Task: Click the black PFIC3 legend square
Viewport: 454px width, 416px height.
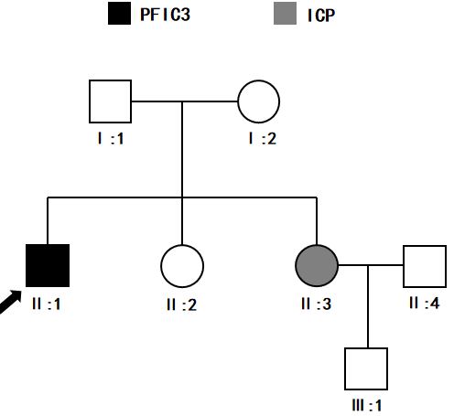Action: pos(119,14)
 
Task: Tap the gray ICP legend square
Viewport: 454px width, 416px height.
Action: pos(285,14)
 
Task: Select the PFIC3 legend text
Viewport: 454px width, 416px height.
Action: pos(165,15)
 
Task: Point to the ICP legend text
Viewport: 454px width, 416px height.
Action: pos(321,16)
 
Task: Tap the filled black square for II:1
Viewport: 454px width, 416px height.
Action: pos(48,265)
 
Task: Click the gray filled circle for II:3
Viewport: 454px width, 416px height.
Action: pos(317,265)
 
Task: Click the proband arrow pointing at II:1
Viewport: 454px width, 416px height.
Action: pos(10,302)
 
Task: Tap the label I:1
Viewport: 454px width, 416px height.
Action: pos(111,139)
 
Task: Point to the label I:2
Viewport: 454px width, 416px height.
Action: pos(263,139)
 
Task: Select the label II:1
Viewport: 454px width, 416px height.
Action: pos(47,304)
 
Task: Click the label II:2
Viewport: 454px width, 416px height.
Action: pos(182,304)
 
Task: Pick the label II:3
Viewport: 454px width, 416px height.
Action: pos(316,304)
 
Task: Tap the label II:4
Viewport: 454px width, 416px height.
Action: pos(425,304)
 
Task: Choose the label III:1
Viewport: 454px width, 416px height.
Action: pos(367,405)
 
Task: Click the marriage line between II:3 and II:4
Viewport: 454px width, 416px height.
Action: pos(371,265)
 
